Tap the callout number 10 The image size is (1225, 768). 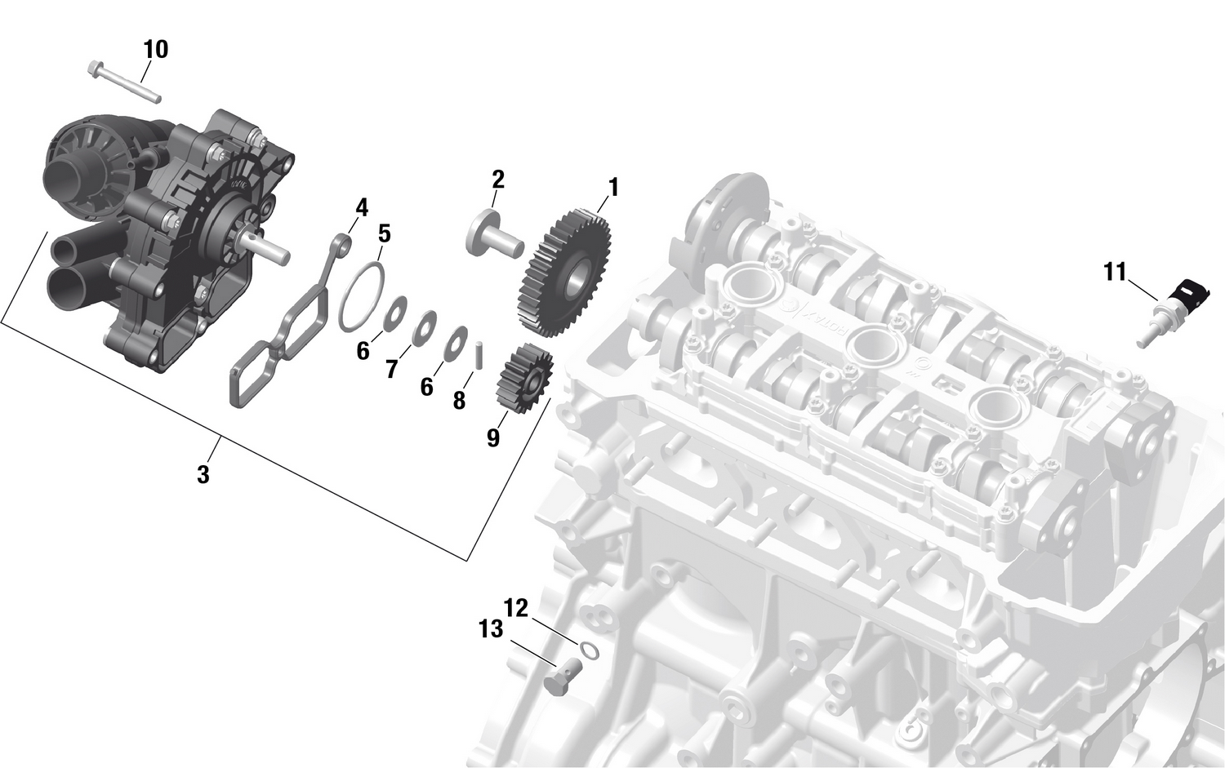155,50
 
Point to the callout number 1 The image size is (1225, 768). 612,189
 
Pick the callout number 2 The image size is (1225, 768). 497,180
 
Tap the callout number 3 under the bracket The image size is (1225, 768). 203,474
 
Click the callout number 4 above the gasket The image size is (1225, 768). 362,207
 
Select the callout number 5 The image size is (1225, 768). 384,234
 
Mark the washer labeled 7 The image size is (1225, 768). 423,329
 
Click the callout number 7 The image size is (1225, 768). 392,370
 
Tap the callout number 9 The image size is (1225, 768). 492,438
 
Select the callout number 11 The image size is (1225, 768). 1115,272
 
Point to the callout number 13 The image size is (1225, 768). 491,629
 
